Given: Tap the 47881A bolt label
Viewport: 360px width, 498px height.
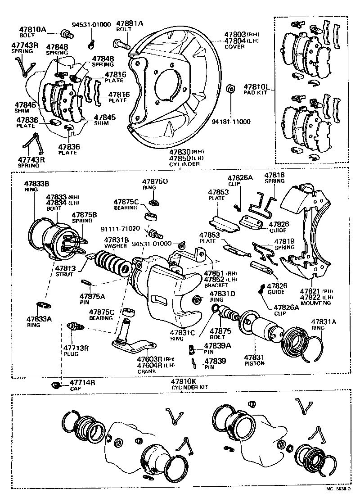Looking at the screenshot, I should pyautogui.click(x=130, y=23).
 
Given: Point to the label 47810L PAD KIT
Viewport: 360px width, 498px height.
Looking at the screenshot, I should pyautogui.click(x=256, y=87).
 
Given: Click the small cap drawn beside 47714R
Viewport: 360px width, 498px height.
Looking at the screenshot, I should pyautogui.click(x=56, y=385).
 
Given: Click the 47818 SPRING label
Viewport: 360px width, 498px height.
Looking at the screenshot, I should pyautogui.click(x=274, y=175).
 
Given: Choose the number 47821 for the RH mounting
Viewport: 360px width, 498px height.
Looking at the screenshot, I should pyautogui.click(x=309, y=291).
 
